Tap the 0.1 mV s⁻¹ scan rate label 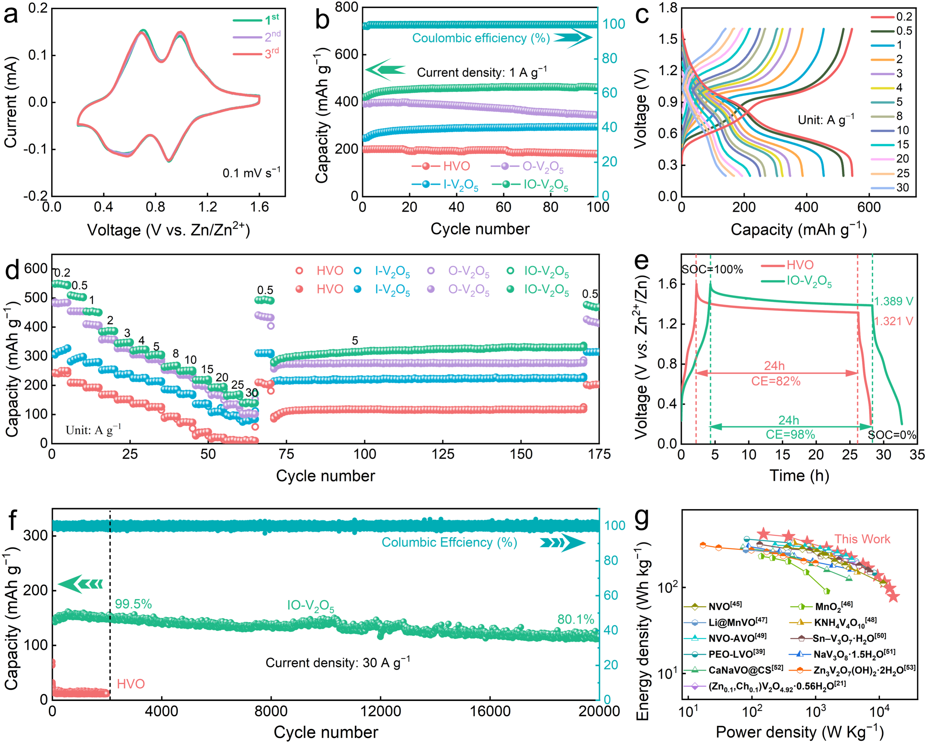(251, 172)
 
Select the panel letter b (322, 20)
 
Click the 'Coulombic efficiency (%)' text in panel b (481, 38)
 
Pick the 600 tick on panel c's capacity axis (869, 207)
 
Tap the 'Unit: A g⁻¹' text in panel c (826, 120)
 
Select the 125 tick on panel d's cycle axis (443, 454)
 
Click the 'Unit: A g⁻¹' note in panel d (93, 429)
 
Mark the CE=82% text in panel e (776, 381)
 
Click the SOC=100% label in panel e (712, 269)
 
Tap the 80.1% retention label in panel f (575, 619)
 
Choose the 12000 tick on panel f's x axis (380, 711)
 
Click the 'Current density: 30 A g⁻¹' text (338, 662)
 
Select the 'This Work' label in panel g (862, 539)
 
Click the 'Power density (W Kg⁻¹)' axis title (799, 732)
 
